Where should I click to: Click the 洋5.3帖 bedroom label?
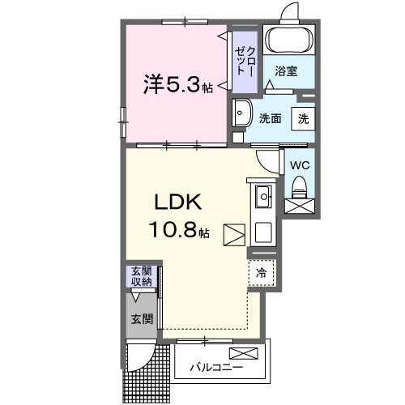pyautogui.click(x=179, y=83)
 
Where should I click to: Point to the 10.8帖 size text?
pyautogui.click(x=179, y=231)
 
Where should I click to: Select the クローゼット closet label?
pyautogui.click(x=245, y=62)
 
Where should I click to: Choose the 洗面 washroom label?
pyautogui.click(x=270, y=117)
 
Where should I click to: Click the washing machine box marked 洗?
pyautogui.click(x=302, y=117)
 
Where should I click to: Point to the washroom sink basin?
pyautogui.click(x=241, y=113)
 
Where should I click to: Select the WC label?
pyautogui.click(x=299, y=165)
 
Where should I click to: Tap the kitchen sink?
pyautogui.click(x=263, y=197)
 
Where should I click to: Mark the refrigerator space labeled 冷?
pyautogui.click(x=261, y=272)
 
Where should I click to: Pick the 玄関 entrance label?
pyautogui.click(x=142, y=319)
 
